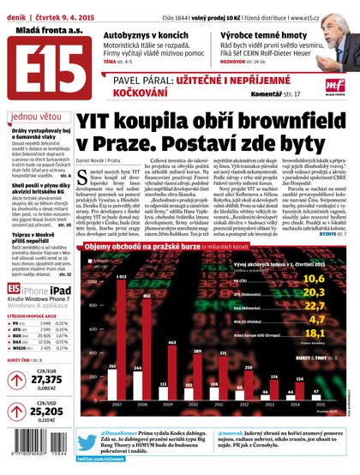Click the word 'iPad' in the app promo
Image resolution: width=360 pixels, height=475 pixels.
pos(65,290)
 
